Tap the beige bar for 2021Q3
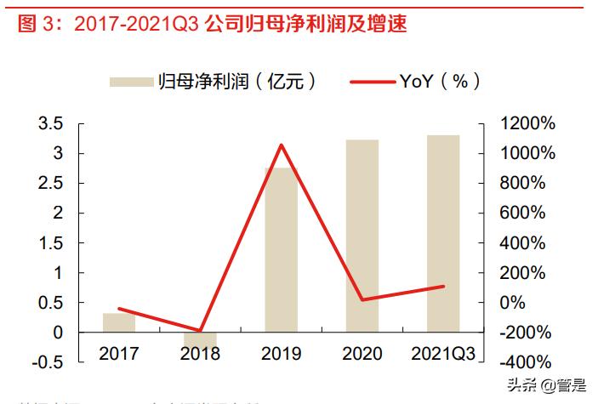coord(443,233)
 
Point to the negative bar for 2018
coord(200,339)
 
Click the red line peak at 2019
coord(281,145)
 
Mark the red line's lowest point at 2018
coord(200,331)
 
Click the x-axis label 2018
coord(200,353)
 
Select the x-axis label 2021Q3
coord(443,353)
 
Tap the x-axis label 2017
coord(119,353)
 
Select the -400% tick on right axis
coord(522,361)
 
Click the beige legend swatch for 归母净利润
coord(129,82)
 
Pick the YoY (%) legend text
coord(440,82)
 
